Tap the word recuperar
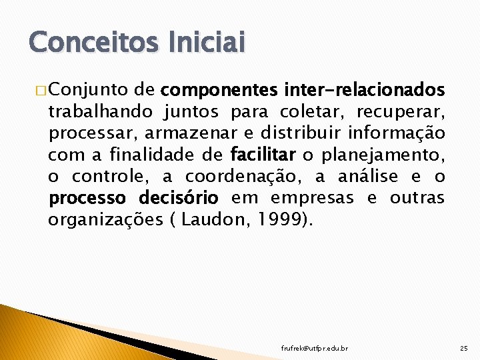point(408,111)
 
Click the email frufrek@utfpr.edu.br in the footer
point(314,349)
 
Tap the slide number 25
point(464,349)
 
